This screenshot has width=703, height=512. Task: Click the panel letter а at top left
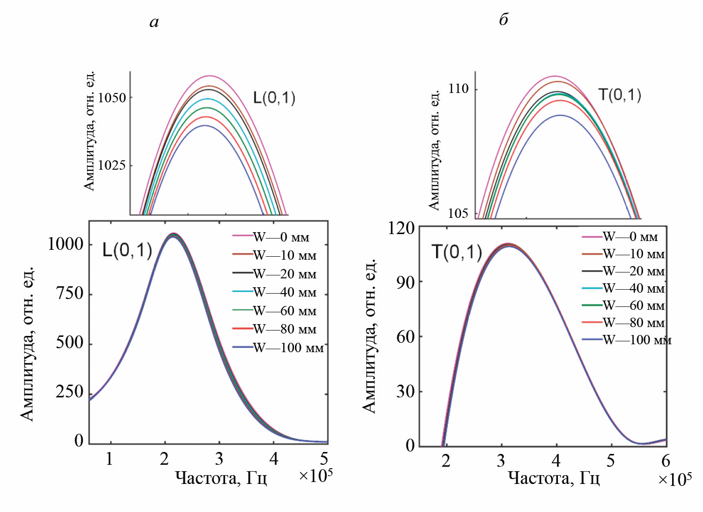(154, 22)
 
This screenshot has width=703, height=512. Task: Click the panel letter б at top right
(503, 20)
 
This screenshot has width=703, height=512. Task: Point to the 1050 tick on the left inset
(112, 98)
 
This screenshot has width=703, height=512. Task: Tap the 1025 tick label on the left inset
(112, 165)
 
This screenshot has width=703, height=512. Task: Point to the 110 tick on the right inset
(459, 89)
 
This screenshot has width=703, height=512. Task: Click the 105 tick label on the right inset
(458, 213)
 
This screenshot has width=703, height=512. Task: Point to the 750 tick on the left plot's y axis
(69, 293)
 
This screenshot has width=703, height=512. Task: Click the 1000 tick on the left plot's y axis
(65, 244)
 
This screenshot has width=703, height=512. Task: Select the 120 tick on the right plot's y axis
(401, 228)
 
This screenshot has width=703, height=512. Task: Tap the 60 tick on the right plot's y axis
(406, 337)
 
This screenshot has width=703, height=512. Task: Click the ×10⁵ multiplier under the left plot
(316, 476)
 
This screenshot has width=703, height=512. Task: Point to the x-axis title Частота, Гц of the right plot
(554, 478)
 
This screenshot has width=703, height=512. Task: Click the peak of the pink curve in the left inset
(210, 76)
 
